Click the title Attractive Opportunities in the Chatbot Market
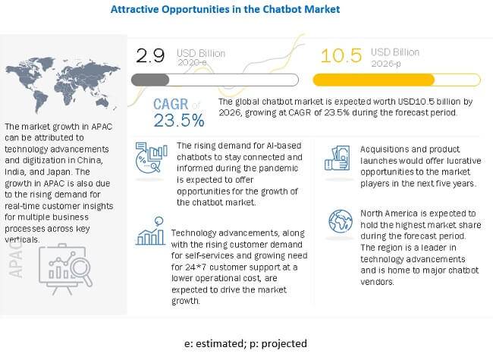pyautogui.click(x=225, y=9)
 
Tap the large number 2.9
pyautogui.click(x=150, y=55)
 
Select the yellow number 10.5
pyautogui.click(x=341, y=55)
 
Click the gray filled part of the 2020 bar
pyautogui.click(x=150, y=80)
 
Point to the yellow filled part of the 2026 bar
pyautogui.click(x=373, y=80)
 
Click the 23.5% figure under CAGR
pyautogui.click(x=179, y=121)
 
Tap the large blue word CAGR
pyautogui.click(x=171, y=104)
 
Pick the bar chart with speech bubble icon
pyautogui.click(x=150, y=231)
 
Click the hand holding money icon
pyautogui.click(x=337, y=158)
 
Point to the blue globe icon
pyautogui.click(x=341, y=221)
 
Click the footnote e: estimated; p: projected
pyautogui.click(x=246, y=343)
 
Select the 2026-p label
pyautogui.click(x=386, y=64)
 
